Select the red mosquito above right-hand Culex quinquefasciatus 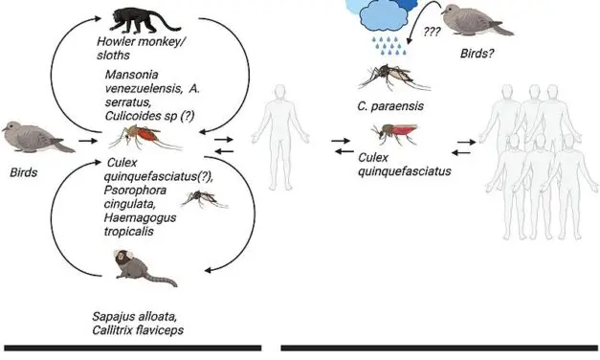(388, 133)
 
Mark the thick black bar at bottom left (131, 348)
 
